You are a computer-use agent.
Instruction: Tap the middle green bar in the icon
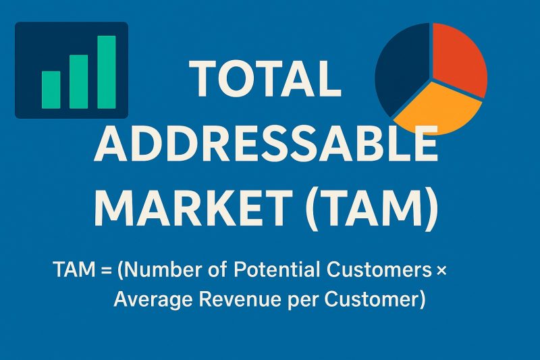pos(79,81)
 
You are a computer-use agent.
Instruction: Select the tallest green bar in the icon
pos(107,72)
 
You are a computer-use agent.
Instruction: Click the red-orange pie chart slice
pos(458,57)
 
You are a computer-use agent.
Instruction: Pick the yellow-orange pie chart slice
pos(439,107)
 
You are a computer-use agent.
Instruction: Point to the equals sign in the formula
pos(105,272)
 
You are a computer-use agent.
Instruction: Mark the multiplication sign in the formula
pos(441,272)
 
